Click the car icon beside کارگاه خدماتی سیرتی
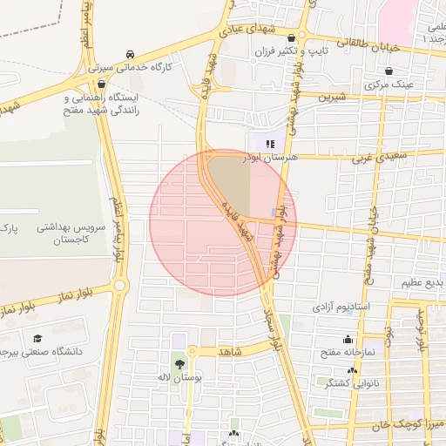(130, 52)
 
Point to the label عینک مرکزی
(388, 86)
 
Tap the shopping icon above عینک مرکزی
(389, 71)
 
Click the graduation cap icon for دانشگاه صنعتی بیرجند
(37, 339)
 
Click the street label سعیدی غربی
(374, 158)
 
